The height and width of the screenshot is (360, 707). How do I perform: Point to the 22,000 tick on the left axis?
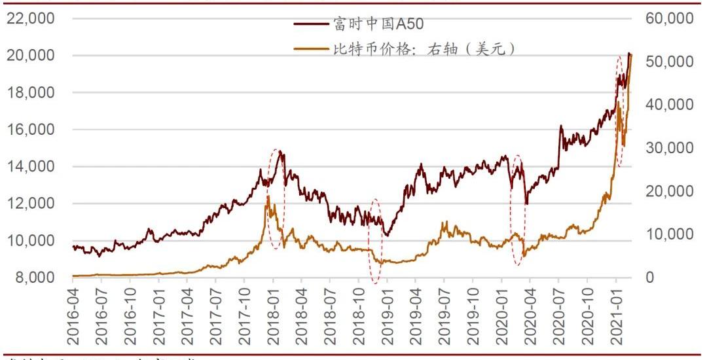31,19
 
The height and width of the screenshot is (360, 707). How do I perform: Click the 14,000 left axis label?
31,167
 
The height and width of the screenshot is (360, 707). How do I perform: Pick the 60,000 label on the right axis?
668,19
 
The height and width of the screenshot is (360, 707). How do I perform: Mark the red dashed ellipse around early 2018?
276,198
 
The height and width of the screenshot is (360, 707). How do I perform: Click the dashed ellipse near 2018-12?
375,241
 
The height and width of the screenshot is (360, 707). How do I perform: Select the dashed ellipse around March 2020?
517,209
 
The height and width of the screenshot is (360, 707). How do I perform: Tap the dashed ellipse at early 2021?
620,111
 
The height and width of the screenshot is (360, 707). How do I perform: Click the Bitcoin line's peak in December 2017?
268,196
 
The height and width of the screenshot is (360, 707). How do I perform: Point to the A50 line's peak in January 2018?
281,152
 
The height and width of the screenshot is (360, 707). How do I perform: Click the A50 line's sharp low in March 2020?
526,204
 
